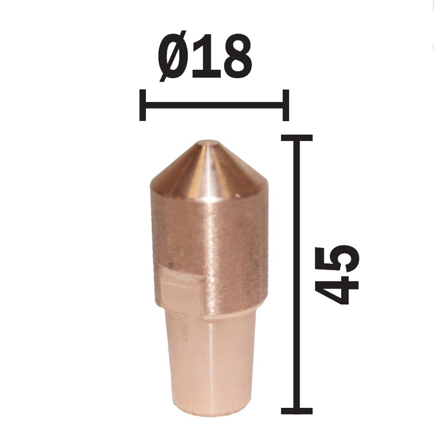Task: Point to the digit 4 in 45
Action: tap(338, 288)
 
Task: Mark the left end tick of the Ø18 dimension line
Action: tap(143, 104)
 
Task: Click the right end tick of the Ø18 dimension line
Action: tap(286, 104)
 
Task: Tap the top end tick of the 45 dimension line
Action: tap(296, 138)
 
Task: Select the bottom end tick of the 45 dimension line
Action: tap(296, 410)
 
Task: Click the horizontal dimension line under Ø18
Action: tap(214, 104)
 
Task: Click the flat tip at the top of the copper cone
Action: tap(208, 144)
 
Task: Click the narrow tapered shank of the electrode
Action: tap(212, 363)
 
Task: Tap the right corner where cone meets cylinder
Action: tap(266, 187)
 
